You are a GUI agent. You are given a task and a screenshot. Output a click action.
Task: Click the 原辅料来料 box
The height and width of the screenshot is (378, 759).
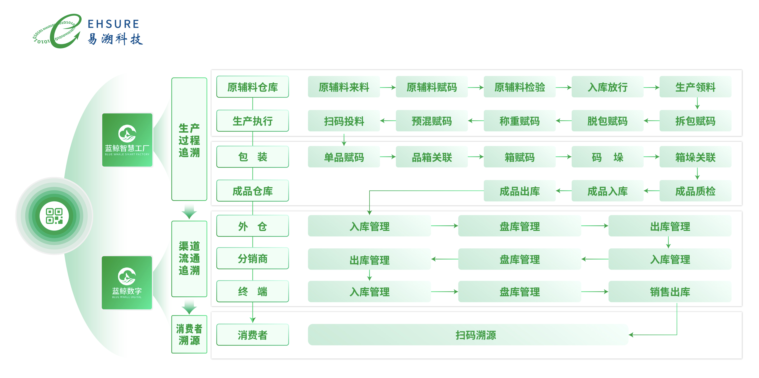(x=344, y=87)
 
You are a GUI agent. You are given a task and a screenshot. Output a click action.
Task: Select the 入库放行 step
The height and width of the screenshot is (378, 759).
(x=607, y=87)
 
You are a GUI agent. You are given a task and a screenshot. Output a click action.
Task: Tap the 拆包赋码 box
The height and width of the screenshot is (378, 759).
(x=695, y=121)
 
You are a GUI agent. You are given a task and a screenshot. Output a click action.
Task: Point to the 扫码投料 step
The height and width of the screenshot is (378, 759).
(x=344, y=121)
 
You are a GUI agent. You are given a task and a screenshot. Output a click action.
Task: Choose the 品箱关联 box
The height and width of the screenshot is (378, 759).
(x=432, y=157)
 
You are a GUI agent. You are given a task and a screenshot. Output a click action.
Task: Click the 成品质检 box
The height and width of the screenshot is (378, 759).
(x=695, y=191)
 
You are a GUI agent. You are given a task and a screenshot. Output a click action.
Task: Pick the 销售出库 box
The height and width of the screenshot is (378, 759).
(x=670, y=292)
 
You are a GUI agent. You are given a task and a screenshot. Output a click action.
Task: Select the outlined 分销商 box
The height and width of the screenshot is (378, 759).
(x=253, y=259)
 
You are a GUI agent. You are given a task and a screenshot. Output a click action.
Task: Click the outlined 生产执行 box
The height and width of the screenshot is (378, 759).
(x=253, y=121)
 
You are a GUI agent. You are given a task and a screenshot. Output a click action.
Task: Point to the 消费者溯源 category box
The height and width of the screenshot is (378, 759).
(x=189, y=334)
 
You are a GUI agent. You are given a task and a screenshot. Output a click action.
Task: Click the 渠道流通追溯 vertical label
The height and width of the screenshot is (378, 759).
(x=189, y=258)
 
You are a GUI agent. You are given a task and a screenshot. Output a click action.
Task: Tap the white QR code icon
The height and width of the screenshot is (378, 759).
(x=54, y=216)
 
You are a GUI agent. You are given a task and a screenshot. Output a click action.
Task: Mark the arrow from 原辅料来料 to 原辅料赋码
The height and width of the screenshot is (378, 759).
(x=388, y=87)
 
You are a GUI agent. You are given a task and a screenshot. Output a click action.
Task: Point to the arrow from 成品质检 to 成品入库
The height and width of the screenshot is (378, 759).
(x=652, y=191)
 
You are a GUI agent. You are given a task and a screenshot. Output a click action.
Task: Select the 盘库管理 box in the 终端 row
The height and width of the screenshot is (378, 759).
(x=519, y=292)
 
